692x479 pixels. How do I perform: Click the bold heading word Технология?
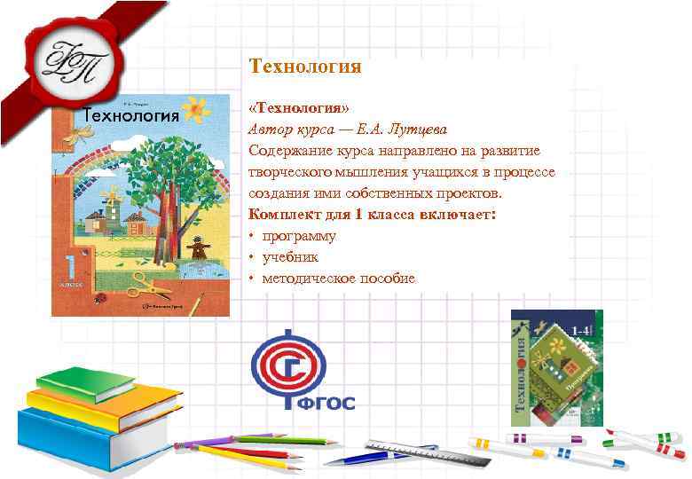pos(305,67)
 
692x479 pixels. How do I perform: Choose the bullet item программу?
pos(298,236)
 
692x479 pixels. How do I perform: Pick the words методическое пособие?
pos(338,279)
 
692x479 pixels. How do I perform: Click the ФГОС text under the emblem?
pos(331,404)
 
